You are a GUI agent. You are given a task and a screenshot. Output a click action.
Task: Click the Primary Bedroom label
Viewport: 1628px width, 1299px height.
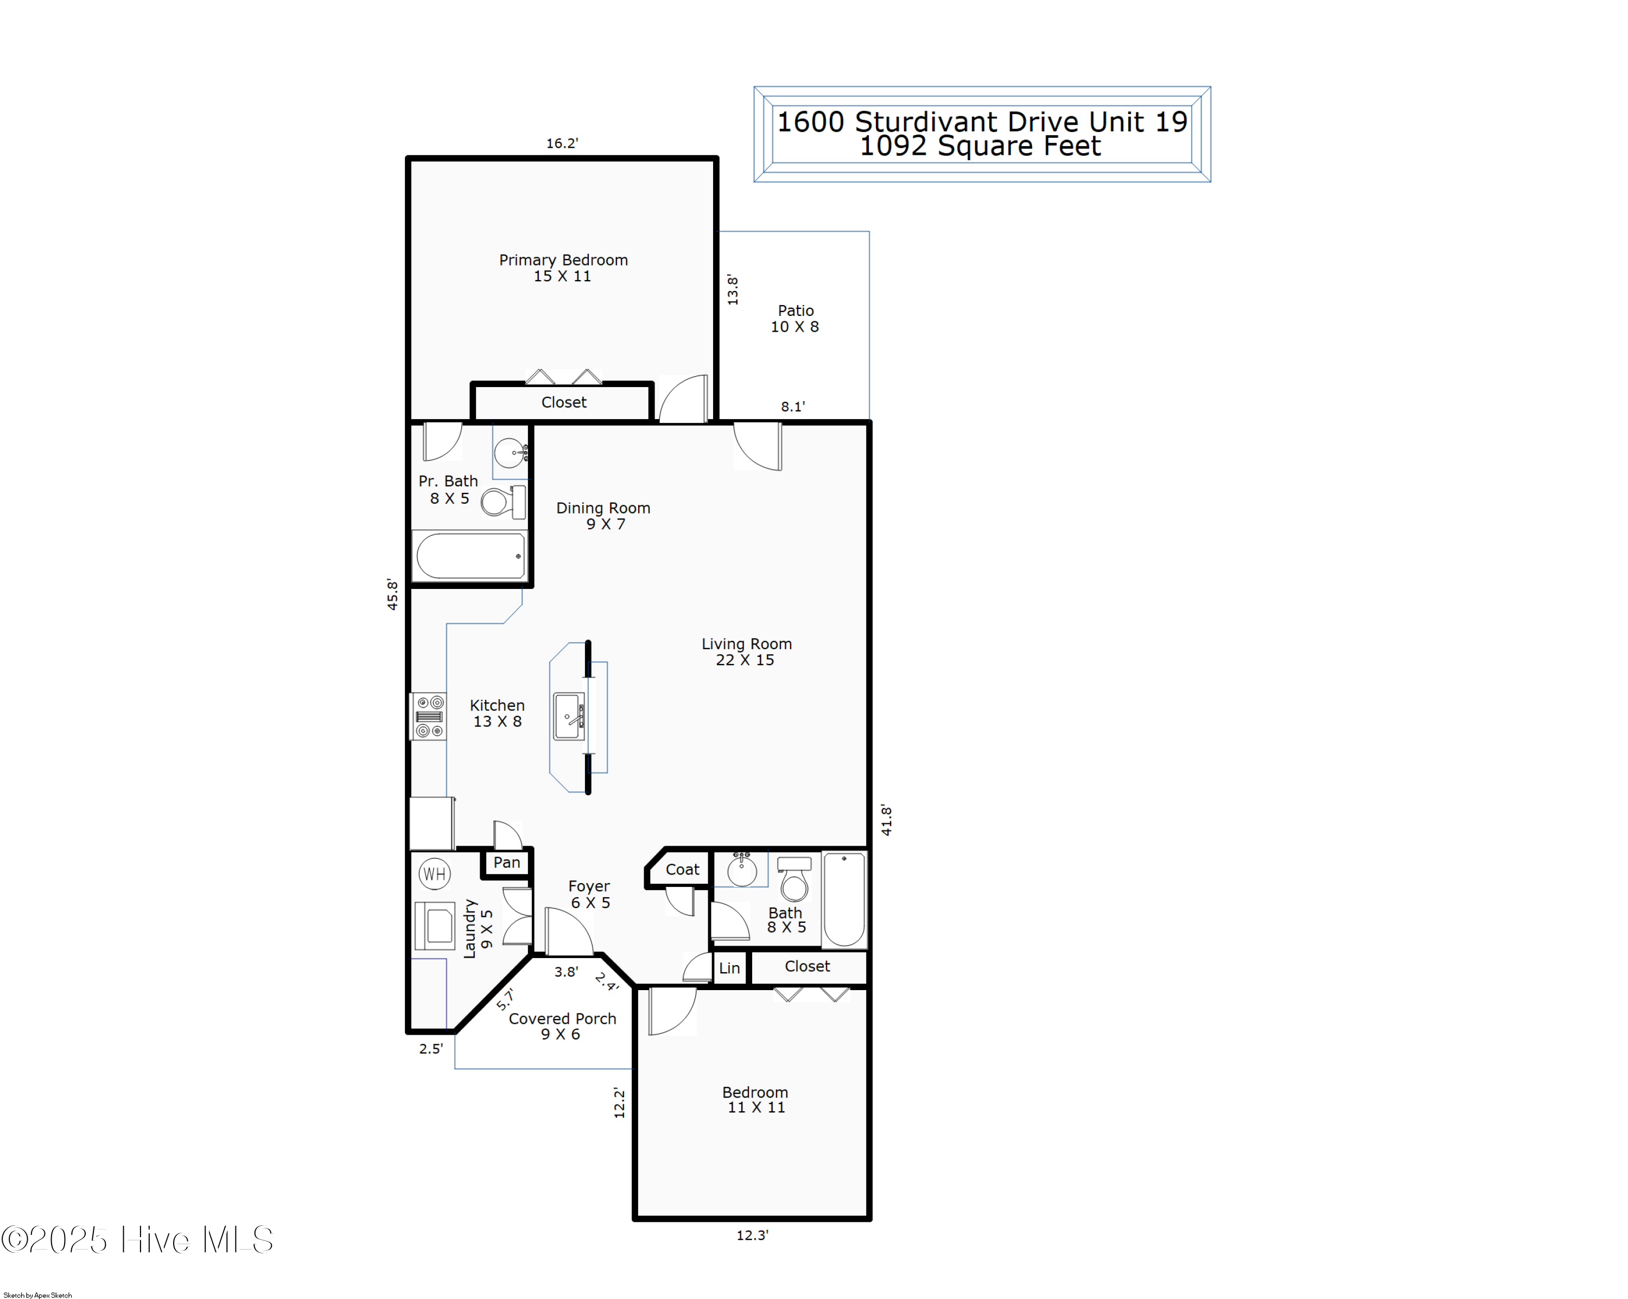click(x=563, y=268)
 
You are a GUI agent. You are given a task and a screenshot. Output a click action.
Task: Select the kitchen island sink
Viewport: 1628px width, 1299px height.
click(x=569, y=716)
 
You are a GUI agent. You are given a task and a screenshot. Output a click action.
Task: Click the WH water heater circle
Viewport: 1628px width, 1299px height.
click(x=434, y=874)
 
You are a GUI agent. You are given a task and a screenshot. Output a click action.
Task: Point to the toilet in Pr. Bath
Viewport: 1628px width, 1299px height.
click(x=502, y=502)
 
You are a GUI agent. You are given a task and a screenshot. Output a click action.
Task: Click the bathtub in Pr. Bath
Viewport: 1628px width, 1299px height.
click(x=469, y=556)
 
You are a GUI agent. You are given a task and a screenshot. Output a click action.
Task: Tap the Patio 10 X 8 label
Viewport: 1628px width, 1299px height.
click(x=795, y=318)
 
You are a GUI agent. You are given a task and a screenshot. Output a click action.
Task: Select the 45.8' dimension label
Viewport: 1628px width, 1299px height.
click(x=392, y=594)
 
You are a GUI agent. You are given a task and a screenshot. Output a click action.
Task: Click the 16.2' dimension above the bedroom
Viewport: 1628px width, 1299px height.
click(x=562, y=143)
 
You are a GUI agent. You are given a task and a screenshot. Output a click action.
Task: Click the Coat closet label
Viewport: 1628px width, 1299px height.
click(x=682, y=869)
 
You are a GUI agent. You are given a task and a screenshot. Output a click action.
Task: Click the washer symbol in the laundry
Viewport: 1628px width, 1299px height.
click(x=435, y=925)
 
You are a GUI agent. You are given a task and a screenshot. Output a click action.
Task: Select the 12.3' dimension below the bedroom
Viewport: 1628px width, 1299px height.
click(x=752, y=1235)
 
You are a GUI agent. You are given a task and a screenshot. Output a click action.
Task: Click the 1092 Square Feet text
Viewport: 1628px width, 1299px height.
click(x=980, y=146)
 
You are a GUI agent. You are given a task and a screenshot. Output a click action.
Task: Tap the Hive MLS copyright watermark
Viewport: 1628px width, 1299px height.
click(x=137, y=1240)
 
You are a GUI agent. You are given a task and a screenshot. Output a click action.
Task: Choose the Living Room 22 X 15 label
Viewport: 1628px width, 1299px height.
click(x=746, y=651)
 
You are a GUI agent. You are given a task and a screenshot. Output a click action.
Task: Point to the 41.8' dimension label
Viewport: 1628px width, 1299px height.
click(x=887, y=820)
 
